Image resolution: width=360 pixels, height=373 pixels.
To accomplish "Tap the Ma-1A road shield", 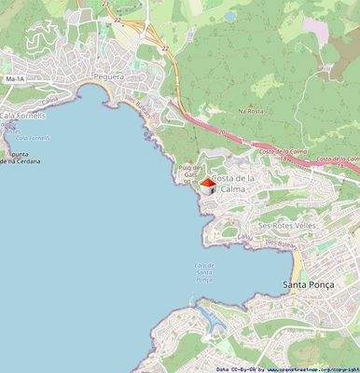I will coord(14,79).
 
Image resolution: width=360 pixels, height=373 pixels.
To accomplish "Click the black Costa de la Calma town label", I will coord(234,183).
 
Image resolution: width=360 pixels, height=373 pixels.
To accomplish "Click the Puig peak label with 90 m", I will coord(187,174).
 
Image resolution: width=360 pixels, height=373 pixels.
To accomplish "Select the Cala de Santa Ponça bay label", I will coord(204,271).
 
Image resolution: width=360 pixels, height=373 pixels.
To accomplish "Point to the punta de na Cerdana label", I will coord(17,156).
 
